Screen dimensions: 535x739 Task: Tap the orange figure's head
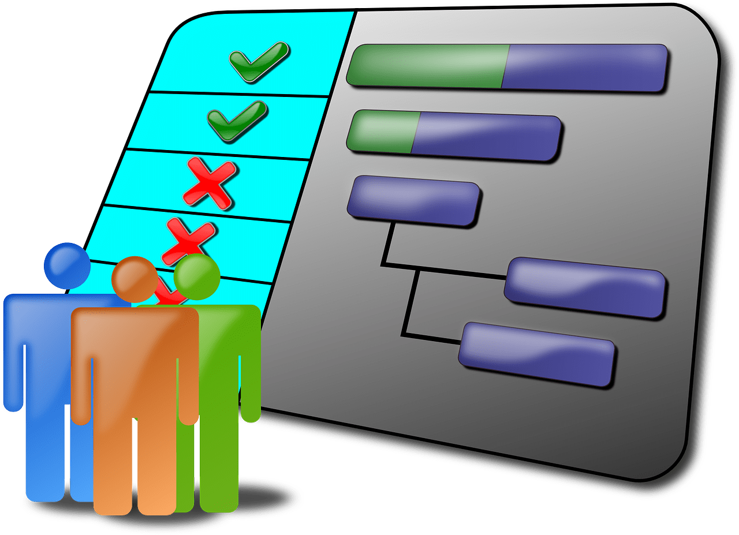pos(134,279)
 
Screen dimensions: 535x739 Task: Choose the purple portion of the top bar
pos(583,68)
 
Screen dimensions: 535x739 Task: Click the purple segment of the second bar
pos(485,137)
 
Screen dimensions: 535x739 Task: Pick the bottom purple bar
pos(537,353)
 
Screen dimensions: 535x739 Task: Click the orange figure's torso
pos(134,358)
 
